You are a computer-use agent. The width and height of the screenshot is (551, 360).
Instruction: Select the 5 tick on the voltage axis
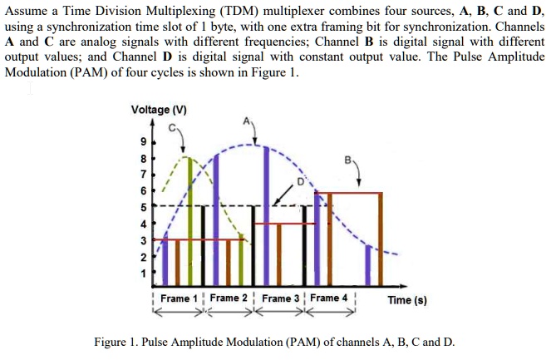click(x=142, y=206)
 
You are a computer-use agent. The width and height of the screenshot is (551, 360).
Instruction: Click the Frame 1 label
click(x=179, y=298)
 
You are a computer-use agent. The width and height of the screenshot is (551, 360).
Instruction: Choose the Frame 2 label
click(x=229, y=298)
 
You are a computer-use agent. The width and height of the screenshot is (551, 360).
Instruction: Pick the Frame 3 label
click(x=280, y=298)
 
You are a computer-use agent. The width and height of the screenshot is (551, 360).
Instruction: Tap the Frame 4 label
click(x=330, y=298)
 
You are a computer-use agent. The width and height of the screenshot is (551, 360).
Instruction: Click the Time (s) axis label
click(x=407, y=299)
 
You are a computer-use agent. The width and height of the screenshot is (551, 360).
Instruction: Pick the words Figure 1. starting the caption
click(x=116, y=343)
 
